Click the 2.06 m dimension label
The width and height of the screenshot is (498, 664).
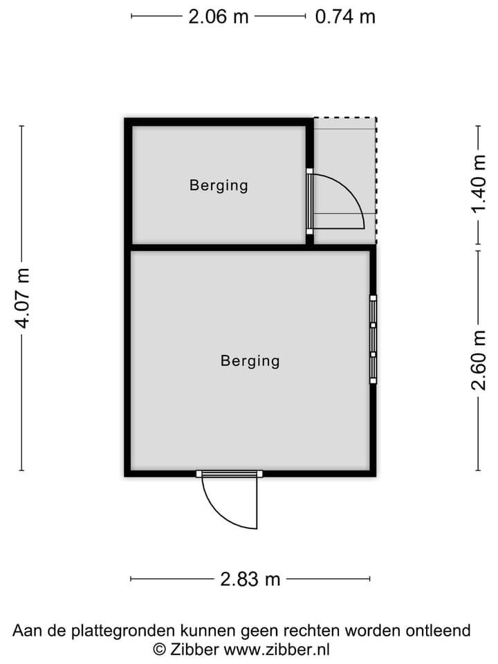(x=218, y=16)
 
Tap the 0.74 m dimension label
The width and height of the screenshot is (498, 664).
(x=345, y=16)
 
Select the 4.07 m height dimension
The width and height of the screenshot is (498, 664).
(x=22, y=297)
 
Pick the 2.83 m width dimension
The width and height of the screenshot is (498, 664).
(x=250, y=579)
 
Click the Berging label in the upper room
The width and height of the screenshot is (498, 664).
(x=219, y=185)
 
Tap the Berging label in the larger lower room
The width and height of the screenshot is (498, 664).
(x=250, y=360)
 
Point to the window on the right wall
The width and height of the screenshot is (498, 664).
(x=373, y=339)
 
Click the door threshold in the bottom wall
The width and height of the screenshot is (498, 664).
(x=230, y=474)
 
